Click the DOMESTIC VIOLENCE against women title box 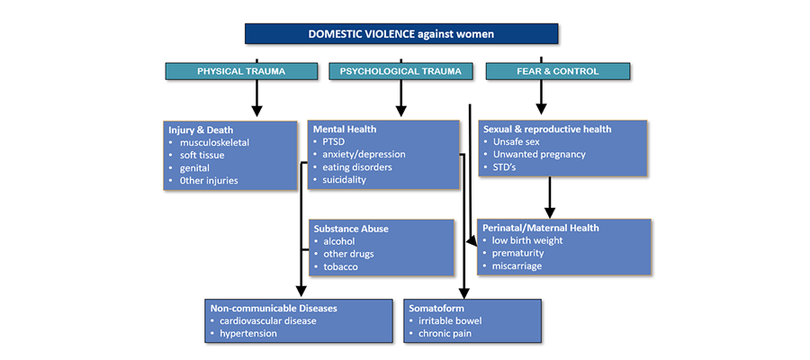401,34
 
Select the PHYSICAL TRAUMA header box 240,71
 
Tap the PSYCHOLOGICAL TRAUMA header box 400,71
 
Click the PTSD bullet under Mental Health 334,142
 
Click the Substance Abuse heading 351,229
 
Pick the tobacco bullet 342,267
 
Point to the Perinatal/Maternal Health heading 541,228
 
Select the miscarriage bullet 517,266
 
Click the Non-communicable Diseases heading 274,309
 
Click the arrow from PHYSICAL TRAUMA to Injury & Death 257,97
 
